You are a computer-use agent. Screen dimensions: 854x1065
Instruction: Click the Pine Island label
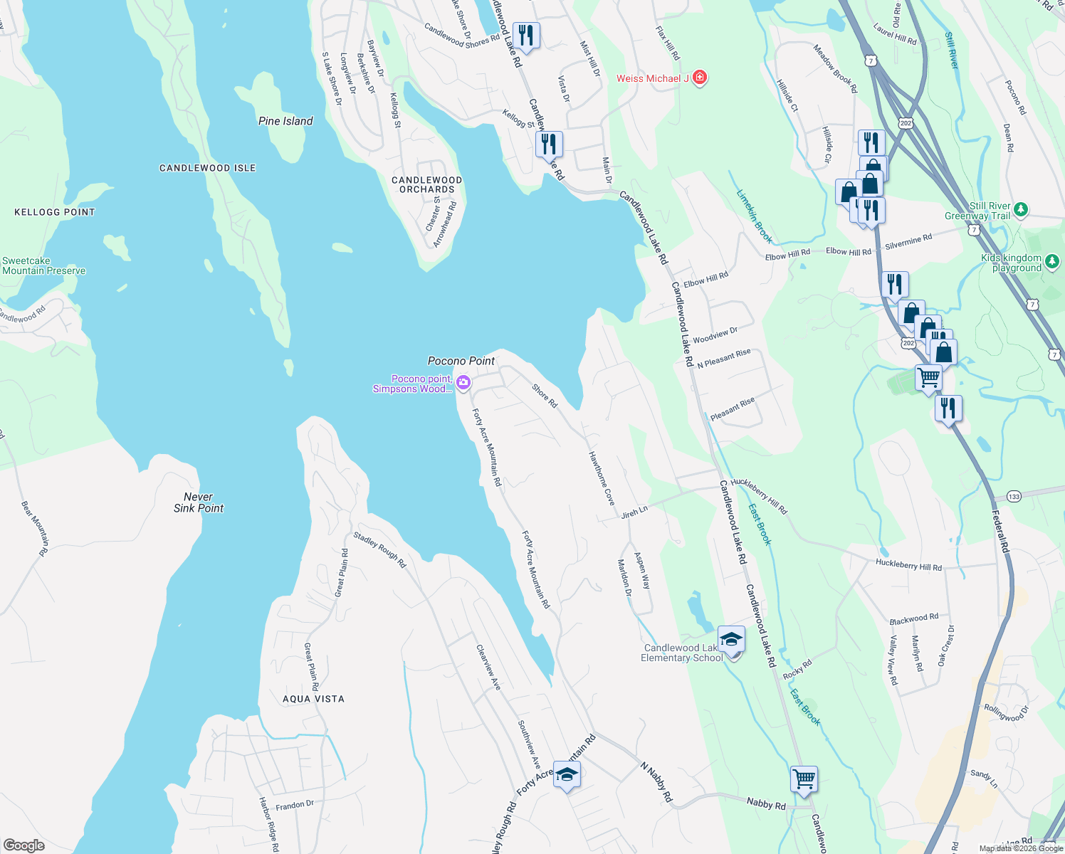[x=285, y=121]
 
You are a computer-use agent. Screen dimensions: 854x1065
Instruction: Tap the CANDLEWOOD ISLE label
[x=207, y=168]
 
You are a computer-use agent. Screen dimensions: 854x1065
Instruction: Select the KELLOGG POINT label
[x=55, y=212]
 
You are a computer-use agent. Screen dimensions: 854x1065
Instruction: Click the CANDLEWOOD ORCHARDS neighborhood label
[x=427, y=185]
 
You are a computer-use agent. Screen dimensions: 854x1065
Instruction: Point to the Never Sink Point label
[x=199, y=502]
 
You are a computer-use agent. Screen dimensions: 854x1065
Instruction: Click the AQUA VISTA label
[x=313, y=699]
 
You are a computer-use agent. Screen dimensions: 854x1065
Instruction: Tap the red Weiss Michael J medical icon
[x=700, y=78]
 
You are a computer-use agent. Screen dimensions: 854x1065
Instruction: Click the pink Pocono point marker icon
[x=463, y=384]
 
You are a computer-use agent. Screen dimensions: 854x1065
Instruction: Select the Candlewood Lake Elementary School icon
[x=731, y=640]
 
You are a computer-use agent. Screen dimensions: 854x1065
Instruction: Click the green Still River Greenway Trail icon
[x=1021, y=209]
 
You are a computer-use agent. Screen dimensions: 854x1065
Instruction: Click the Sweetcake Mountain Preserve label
[x=43, y=266]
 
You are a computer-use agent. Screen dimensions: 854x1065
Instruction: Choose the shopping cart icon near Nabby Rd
[x=804, y=779]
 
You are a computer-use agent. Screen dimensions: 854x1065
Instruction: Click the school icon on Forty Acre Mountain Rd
[x=567, y=774]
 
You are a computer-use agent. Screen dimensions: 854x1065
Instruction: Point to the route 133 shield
[x=1014, y=496]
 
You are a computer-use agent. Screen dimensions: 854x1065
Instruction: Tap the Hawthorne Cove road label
[x=602, y=478]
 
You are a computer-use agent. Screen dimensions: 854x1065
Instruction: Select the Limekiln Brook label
[x=754, y=216]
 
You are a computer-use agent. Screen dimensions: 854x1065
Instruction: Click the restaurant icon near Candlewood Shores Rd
[x=525, y=35]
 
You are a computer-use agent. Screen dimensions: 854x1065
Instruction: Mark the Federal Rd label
[x=1002, y=531]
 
